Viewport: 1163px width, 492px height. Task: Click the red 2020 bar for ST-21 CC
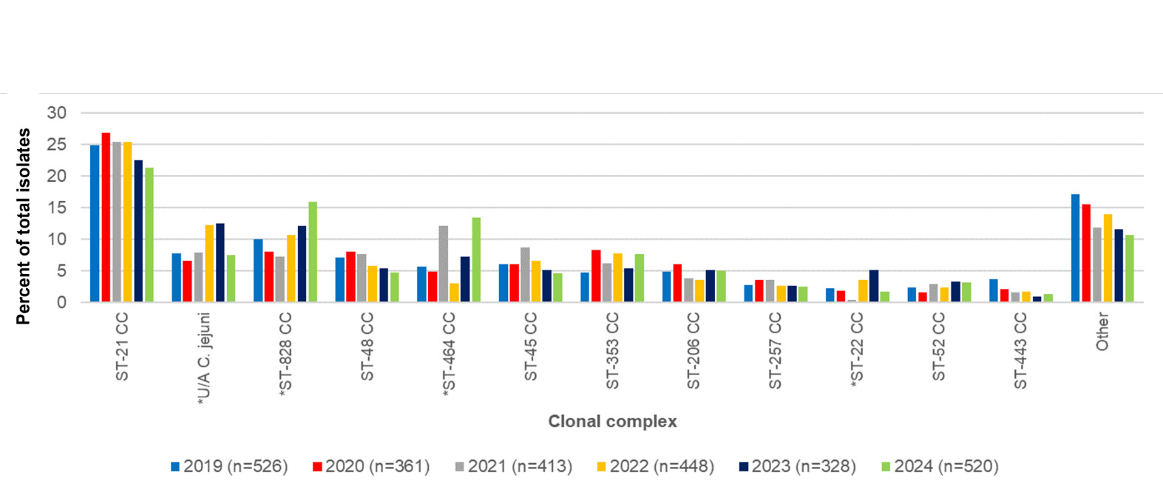click(x=106, y=217)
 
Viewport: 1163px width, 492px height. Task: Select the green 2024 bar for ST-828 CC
click(x=313, y=252)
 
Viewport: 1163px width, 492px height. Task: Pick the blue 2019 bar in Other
click(x=1075, y=248)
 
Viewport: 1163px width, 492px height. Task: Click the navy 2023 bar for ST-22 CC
click(x=874, y=286)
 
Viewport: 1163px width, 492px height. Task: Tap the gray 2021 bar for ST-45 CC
click(x=525, y=275)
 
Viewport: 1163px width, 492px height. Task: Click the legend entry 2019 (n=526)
click(x=228, y=467)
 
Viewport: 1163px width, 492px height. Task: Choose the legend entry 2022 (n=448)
click(x=655, y=467)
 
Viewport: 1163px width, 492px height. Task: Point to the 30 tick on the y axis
click(x=57, y=113)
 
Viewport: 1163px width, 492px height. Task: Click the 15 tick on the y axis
click(x=57, y=208)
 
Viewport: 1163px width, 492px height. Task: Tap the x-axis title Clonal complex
click(x=612, y=421)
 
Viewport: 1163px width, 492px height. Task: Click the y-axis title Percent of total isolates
click(x=24, y=226)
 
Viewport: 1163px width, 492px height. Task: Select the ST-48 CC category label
click(x=367, y=346)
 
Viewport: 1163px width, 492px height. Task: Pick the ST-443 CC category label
click(x=1020, y=350)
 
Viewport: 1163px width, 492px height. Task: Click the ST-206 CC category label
click(x=694, y=350)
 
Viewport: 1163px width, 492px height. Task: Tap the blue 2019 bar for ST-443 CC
click(x=994, y=290)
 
